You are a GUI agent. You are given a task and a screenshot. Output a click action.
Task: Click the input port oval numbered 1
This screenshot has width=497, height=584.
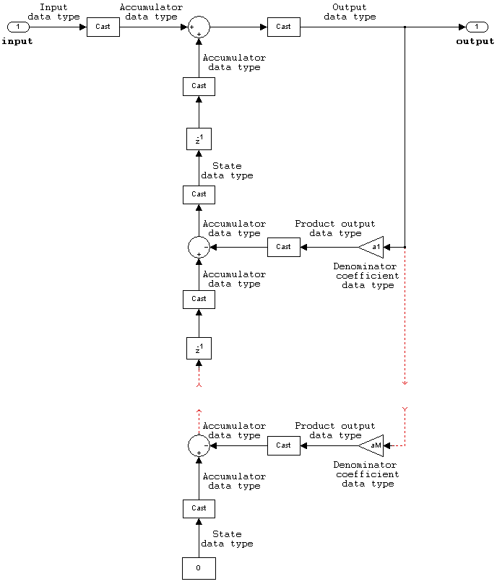pos(19,27)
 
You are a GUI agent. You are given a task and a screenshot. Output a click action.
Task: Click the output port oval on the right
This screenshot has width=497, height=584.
pos(477,27)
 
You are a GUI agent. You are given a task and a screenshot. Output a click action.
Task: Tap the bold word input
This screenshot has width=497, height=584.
pos(17,41)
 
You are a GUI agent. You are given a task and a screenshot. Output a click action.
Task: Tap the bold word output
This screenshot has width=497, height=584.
pos(475,41)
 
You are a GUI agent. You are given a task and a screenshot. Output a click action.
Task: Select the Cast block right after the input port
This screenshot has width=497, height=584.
pos(103,27)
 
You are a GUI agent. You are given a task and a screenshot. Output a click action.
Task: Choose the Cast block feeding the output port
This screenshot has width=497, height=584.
pos(283,27)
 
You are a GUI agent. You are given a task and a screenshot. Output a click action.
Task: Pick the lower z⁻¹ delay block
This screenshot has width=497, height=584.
pos(199,349)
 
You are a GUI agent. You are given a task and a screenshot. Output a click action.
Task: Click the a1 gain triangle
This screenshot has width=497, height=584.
pos(373,247)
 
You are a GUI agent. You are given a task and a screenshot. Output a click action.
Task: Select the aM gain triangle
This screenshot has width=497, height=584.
pos(373,445)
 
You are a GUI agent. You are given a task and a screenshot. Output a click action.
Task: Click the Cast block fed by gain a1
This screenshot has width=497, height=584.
pos(283,247)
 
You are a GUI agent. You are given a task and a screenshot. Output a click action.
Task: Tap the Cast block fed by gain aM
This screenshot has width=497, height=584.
pos(283,445)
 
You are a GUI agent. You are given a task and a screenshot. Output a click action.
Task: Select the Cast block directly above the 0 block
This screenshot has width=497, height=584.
pos(199,508)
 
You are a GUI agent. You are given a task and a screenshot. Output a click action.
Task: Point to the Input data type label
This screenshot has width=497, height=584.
pos(53,12)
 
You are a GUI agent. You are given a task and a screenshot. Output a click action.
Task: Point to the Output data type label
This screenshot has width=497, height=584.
pos(350,12)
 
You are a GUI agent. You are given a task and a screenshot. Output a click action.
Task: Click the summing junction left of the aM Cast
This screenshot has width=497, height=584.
pos(199,445)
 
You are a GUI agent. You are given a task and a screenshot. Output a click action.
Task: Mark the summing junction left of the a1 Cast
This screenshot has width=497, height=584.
pos(199,247)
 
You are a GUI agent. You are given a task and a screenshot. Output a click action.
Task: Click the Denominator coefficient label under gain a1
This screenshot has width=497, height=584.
pos(367,276)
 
